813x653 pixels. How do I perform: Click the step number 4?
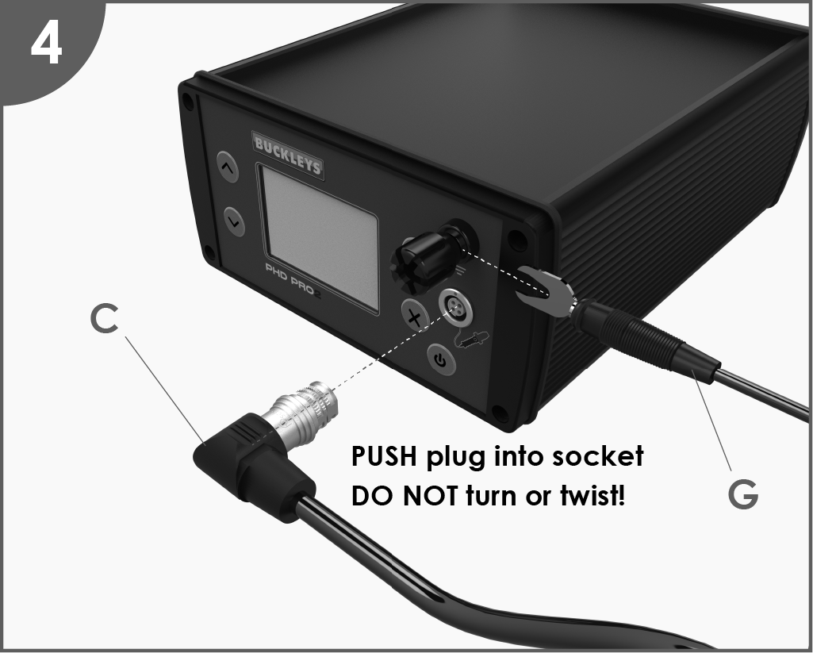click(47, 45)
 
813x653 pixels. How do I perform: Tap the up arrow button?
click(227, 167)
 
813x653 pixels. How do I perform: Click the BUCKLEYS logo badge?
click(288, 155)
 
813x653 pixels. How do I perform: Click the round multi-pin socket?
click(456, 307)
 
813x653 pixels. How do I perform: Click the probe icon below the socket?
click(471, 340)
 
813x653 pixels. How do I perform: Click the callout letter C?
click(104, 318)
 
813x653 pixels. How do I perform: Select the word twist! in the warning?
click(593, 496)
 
